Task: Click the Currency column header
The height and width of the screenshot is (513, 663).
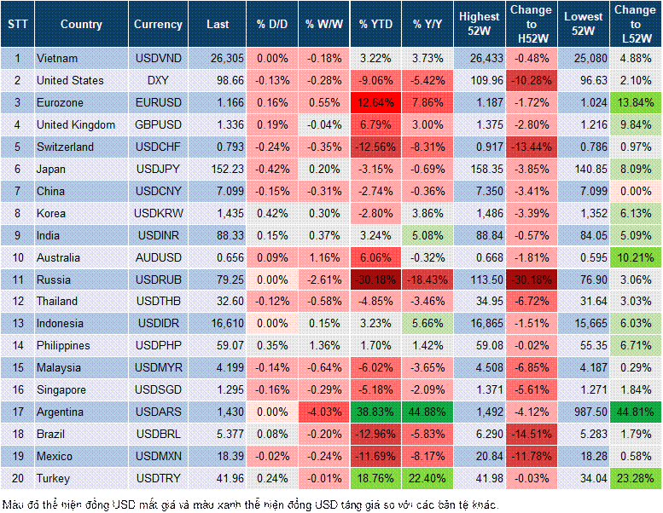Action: (x=158, y=25)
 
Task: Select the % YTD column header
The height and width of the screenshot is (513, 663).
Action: (x=375, y=25)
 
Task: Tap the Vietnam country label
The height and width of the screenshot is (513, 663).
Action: (x=58, y=58)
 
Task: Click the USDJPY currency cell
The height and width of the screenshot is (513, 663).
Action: (x=158, y=169)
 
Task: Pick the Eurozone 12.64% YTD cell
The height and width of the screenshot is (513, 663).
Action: (x=375, y=102)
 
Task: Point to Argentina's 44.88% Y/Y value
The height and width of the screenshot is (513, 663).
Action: (x=428, y=412)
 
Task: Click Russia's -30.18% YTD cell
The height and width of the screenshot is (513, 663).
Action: (x=375, y=280)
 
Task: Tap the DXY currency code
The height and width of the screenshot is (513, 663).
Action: (x=158, y=80)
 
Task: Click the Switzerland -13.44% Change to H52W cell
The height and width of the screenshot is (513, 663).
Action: (x=531, y=147)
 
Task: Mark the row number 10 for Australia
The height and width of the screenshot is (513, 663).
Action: (x=17, y=257)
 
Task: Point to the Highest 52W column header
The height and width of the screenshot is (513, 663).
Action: (x=479, y=25)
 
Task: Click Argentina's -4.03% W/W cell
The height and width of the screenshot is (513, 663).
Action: (x=322, y=412)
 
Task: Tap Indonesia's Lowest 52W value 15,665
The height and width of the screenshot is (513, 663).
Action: (x=584, y=324)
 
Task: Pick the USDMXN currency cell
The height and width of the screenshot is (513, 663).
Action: (x=158, y=456)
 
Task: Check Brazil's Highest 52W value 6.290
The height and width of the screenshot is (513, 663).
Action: (x=480, y=434)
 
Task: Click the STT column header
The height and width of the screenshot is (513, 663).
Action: (x=17, y=25)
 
